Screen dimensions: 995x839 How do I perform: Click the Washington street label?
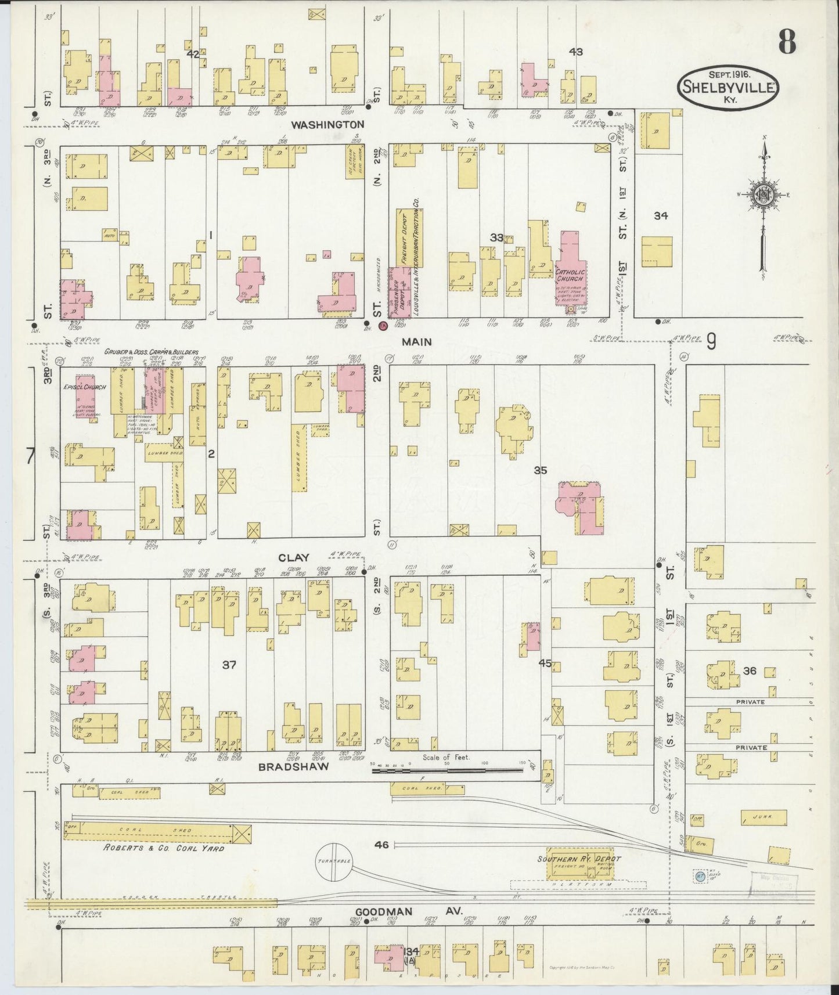point(327,124)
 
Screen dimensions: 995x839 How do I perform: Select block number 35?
point(540,471)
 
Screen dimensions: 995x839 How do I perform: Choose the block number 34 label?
point(660,216)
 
